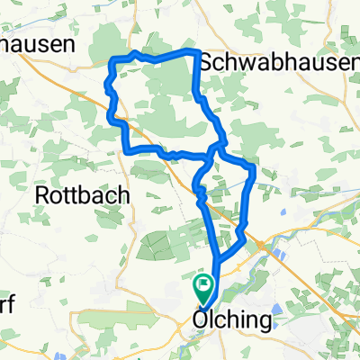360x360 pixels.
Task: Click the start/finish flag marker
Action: [205, 287]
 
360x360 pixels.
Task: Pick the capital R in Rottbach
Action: [40, 194]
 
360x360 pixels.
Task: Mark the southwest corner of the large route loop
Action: [127, 148]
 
